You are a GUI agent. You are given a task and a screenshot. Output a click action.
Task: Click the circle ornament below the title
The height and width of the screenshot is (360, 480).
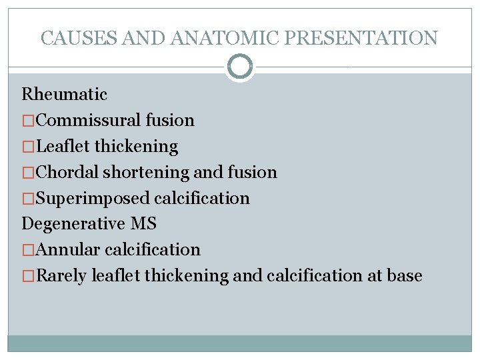pyautogui.click(x=239, y=67)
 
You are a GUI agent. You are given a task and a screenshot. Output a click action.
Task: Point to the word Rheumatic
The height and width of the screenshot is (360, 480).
pyautogui.click(x=64, y=95)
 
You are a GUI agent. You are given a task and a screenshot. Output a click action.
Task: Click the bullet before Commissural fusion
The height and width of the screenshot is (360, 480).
pyautogui.click(x=28, y=121)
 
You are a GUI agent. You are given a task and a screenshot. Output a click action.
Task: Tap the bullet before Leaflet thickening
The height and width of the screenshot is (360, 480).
pyautogui.click(x=28, y=147)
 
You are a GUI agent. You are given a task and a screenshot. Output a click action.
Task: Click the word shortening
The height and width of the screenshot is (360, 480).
pyautogui.click(x=146, y=172)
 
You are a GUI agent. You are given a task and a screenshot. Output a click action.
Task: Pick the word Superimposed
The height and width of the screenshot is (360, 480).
pyautogui.click(x=92, y=198)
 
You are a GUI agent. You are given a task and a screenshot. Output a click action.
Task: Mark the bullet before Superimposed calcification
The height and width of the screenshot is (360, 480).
pyautogui.click(x=28, y=198)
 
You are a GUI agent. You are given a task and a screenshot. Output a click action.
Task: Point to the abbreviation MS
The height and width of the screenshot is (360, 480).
pyautogui.click(x=143, y=224)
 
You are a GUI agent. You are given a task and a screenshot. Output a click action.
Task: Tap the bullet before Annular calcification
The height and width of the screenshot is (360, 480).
pyautogui.click(x=28, y=250)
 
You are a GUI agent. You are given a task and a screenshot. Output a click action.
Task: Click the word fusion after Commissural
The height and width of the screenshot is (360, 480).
pyautogui.click(x=168, y=121)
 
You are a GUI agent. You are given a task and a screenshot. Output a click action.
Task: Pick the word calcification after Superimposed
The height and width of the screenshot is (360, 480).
pyautogui.click(x=202, y=198)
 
